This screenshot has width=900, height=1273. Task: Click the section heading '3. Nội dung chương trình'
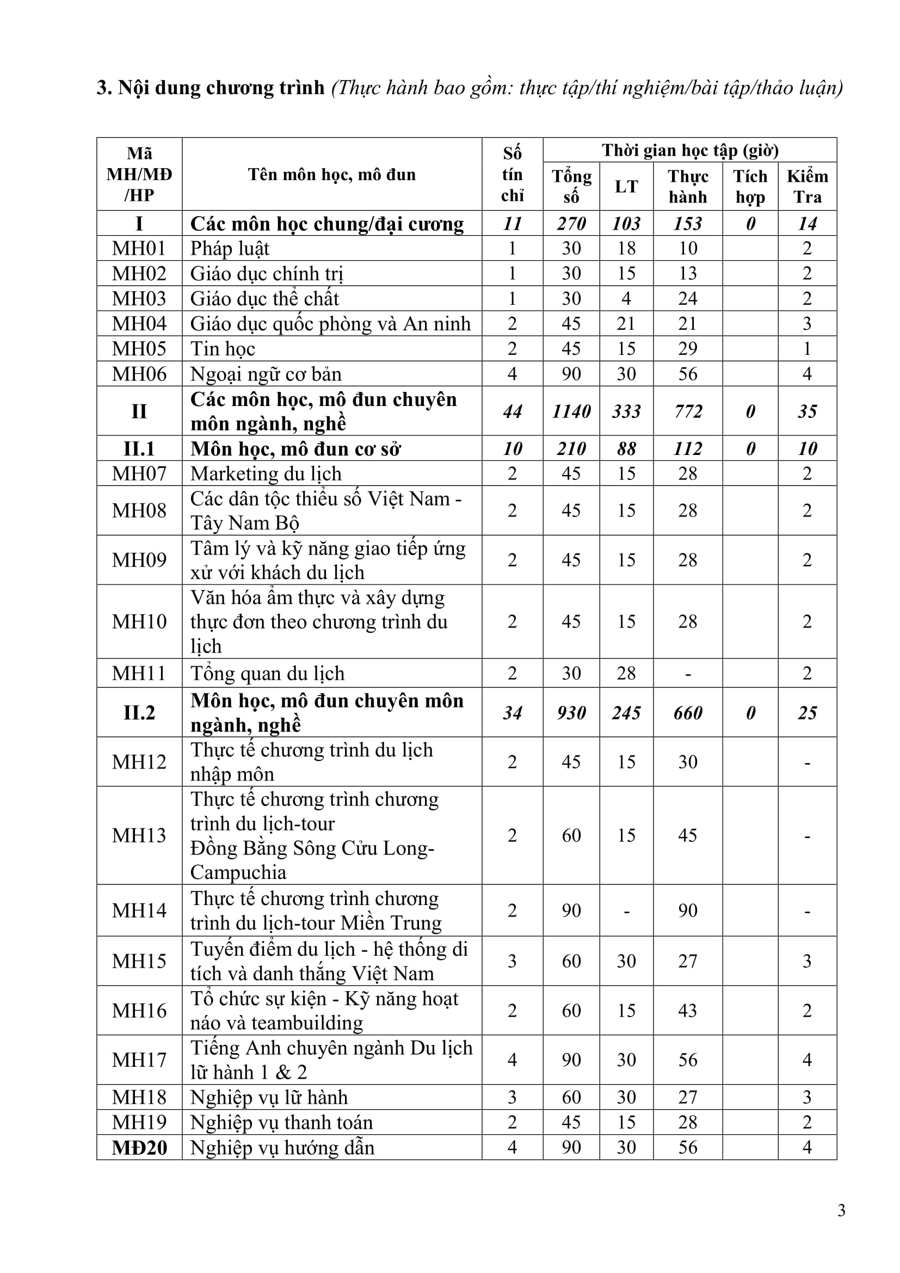tap(211, 88)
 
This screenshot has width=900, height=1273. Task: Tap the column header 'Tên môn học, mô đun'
tap(331, 175)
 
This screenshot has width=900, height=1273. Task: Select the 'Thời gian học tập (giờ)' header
tap(690, 150)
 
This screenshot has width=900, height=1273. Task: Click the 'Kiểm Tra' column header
tap(807, 186)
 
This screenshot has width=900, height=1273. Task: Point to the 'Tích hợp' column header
tap(750, 186)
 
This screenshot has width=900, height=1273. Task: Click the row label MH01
tap(139, 248)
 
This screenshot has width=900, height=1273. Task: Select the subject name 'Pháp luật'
tap(230, 248)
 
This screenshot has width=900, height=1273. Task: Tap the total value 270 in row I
tap(571, 224)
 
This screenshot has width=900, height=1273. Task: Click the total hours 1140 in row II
tap(571, 411)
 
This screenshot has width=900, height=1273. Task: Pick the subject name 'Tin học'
tap(223, 349)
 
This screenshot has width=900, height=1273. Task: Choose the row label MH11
tap(139, 673)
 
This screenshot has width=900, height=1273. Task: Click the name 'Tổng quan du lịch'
tap(267, 673)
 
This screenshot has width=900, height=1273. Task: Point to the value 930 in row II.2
tap(571, 712)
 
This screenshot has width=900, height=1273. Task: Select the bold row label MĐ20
tap(139, 1147)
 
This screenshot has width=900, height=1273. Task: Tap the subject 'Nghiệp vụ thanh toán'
tap(281, 1122)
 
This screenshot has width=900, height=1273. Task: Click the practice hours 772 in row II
tap(688, 411)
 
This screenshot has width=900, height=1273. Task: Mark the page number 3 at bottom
tap(841, 1210)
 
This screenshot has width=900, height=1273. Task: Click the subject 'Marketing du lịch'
tap(266, 473)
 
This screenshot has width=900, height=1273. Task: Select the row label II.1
tap(139, 448)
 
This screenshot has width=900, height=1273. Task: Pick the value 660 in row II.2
tap(688, 712)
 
